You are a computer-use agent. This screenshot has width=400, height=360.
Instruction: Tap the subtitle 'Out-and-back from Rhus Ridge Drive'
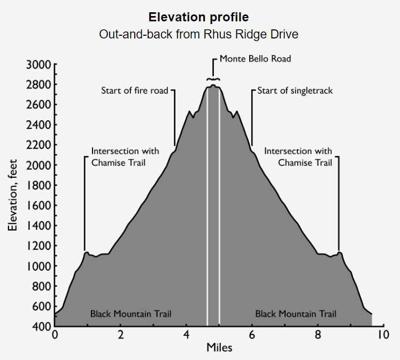(198, 34)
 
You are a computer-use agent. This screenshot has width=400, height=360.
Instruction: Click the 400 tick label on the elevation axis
(41, 326)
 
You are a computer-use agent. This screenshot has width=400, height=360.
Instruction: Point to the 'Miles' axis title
(219, 348)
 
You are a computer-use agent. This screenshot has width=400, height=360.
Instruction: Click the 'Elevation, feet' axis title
(13, 195)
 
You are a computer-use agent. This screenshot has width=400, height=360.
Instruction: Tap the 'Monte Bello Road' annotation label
(255, 59)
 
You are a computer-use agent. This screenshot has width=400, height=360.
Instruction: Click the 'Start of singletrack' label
(295, 90)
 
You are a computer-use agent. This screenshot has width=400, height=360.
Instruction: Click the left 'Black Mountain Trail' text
(131, 314)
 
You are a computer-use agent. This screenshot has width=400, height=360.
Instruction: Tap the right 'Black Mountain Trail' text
(296, 314)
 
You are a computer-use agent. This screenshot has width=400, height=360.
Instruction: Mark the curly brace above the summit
(213, 79)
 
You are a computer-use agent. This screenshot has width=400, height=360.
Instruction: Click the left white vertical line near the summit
(207, 214)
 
